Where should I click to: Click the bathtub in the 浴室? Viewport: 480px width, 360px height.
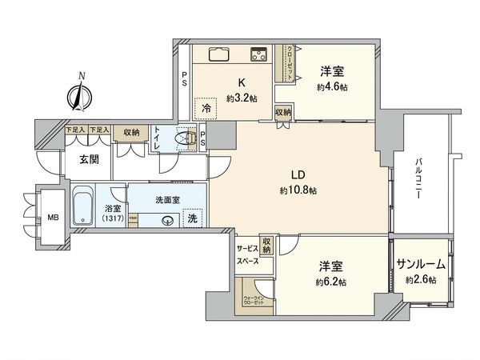(83, 207)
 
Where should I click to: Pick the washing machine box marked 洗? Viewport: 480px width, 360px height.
(192, 216)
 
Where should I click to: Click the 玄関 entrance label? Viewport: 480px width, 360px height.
(88, 160)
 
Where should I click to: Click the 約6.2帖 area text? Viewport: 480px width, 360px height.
(330, 282)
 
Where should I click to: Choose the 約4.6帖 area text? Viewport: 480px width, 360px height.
(330, 86)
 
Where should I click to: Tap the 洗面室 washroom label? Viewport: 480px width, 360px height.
(166, 198)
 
